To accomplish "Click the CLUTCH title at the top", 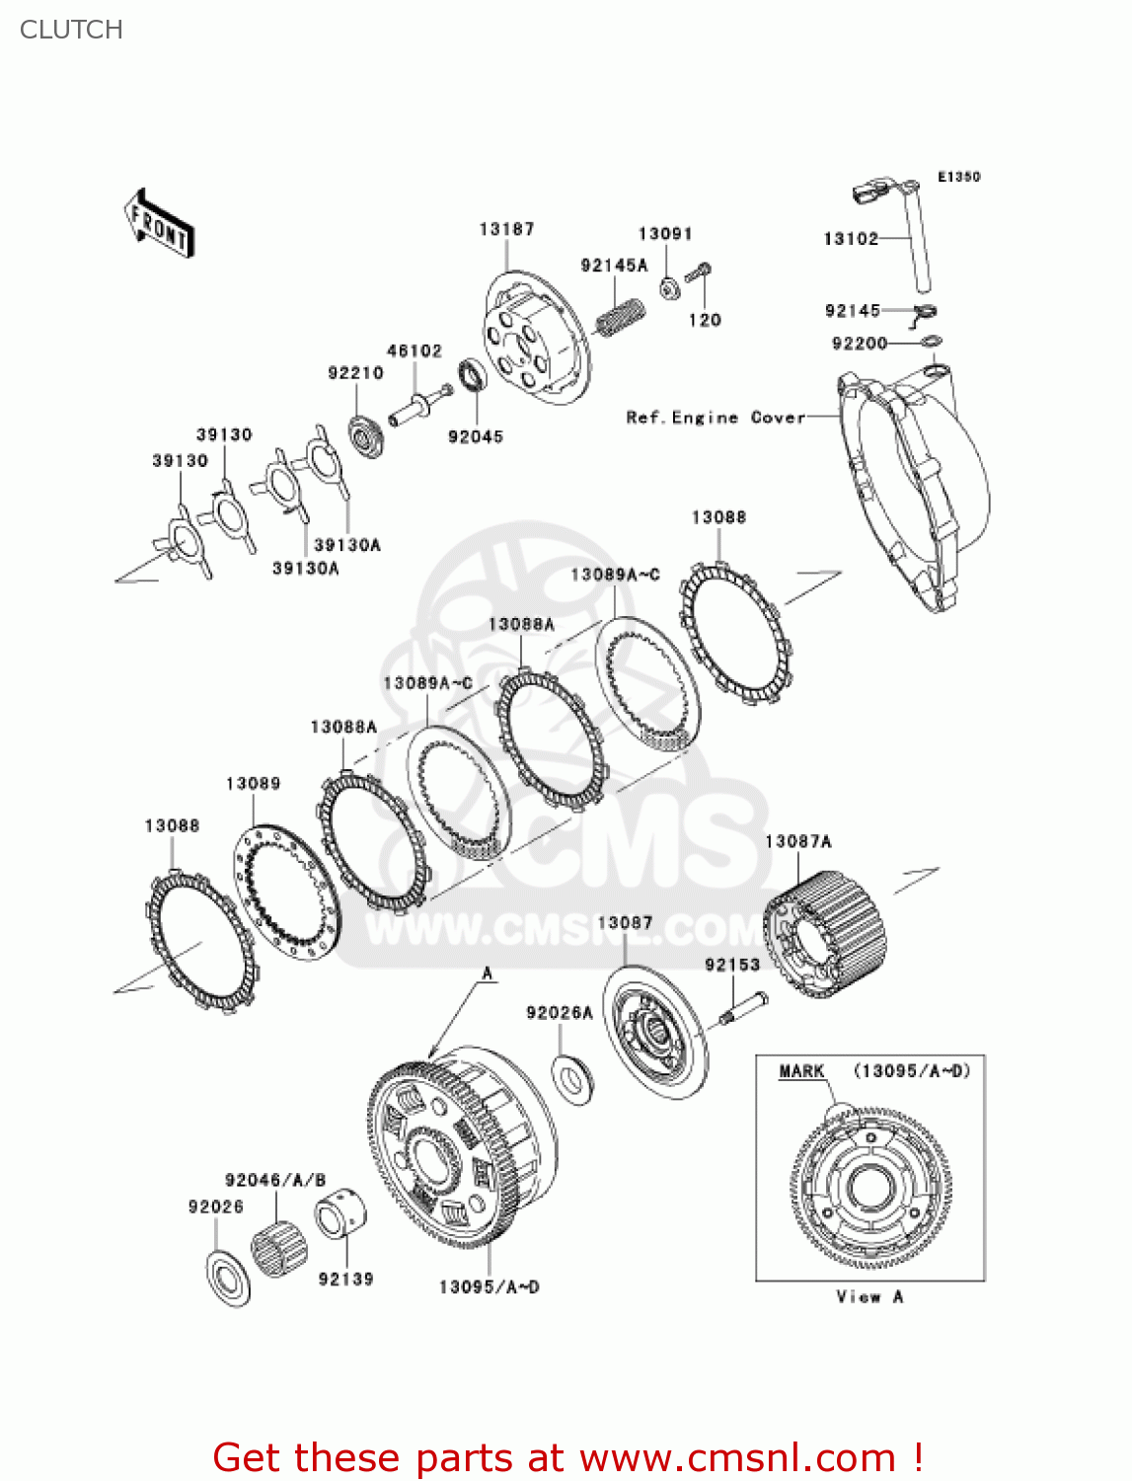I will tap(71, 30).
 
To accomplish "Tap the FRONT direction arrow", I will tap(159, 224).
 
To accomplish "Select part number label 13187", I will tap(506, 229).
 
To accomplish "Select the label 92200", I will tap(860, 344).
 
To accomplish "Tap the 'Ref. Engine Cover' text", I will tap(716, 418).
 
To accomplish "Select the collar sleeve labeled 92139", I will tap(340, 1213).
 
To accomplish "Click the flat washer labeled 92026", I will tap(229, 1279).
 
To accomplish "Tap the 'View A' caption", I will tap(869, 1297).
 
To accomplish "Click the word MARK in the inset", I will tap(801, 1071).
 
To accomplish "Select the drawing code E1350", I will tap(958, 177).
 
